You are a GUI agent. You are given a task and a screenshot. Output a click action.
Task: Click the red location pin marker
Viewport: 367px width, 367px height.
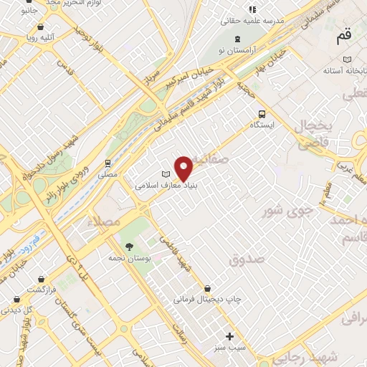184,168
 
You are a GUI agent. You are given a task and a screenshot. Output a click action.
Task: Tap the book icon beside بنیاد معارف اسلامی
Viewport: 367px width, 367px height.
166,174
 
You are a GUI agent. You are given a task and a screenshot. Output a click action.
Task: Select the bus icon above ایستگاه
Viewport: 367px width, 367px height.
262,113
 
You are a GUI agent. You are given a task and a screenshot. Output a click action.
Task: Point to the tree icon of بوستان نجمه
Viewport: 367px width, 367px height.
128,246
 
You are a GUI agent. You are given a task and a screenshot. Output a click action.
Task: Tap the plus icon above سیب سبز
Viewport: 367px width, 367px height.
229,336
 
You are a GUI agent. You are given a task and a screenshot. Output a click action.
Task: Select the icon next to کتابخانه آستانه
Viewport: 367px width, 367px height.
347,59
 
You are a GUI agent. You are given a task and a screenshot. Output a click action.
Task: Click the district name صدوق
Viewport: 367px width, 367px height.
247,259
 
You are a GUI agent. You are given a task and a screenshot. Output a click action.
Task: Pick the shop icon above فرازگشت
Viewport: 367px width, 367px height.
42,278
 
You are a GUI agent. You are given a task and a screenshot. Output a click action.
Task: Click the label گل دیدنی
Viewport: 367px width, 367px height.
19,310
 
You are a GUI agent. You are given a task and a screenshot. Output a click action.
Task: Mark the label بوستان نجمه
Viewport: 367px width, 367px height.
128,257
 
